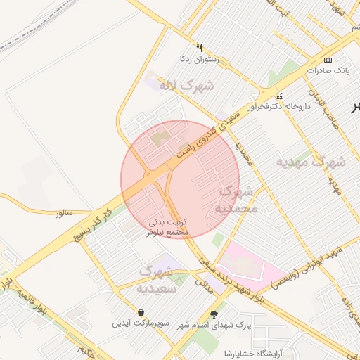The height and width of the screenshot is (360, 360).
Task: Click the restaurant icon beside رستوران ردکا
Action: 200,49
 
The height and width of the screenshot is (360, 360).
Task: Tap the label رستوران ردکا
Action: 200,60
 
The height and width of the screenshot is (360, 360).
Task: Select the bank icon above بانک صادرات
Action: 328,60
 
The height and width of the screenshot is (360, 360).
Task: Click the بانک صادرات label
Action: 328,71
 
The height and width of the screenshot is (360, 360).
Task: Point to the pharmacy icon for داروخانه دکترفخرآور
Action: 280,96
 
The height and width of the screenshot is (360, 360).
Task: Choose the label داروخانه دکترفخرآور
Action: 281,107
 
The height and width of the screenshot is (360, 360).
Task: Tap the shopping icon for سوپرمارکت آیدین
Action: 143,312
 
